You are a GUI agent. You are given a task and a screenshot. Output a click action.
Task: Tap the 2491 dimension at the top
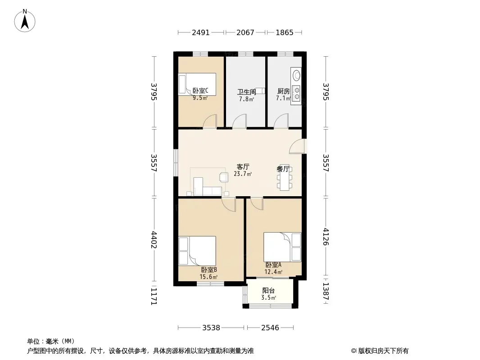(201, 32)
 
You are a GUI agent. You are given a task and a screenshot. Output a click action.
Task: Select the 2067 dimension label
(245, 32)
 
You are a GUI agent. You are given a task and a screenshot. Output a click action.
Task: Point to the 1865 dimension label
(285, 32)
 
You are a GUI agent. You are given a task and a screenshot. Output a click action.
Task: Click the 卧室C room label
(200, 91)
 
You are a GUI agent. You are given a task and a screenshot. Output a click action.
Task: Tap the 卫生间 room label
(247, 92)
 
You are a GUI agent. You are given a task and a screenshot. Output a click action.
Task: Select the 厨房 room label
(284, 91)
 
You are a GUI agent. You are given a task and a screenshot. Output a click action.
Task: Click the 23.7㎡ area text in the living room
(243, 174)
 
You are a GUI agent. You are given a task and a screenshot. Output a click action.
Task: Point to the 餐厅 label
(283, 169)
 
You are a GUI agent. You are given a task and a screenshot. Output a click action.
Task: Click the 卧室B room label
(209, 270)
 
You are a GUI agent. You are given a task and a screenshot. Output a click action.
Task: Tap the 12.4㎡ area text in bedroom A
(273, 272)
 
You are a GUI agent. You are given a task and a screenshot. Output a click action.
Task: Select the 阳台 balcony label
(268, 291)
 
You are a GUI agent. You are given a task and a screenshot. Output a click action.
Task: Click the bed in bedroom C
(197, 84)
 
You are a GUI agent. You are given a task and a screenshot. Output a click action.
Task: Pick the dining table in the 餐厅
(285, 178)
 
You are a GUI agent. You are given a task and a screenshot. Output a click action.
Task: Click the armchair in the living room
(223, 177)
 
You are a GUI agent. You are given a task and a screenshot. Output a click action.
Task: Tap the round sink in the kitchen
(296, 75)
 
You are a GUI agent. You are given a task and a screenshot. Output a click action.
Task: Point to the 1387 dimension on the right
(326, 291)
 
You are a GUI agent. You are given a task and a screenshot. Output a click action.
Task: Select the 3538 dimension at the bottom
(211, 328)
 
